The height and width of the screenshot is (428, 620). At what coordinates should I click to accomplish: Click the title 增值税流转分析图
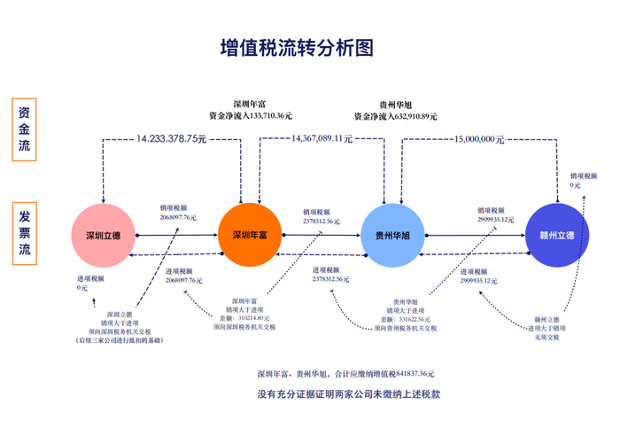[296, 46]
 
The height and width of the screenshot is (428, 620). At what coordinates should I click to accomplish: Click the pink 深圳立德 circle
[103, 235]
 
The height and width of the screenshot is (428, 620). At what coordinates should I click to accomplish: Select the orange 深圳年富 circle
[249, 235]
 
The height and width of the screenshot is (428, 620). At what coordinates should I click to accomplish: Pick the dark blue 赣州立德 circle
[556, 235]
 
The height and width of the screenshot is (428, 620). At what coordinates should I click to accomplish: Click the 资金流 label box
[25, 129]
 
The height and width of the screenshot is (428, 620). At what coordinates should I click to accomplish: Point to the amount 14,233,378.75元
[171, 139]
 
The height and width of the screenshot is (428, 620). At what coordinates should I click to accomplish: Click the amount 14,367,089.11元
[322, 139]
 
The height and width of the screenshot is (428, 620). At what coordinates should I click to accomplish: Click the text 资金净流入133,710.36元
[251, 115]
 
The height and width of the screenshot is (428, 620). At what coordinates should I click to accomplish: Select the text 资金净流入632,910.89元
[396, 115]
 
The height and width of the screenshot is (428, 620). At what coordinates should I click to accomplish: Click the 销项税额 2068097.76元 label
[178, 213]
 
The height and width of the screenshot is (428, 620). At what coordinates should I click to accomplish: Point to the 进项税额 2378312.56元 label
[330, 275]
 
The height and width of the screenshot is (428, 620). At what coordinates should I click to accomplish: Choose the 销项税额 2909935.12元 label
[495, 214]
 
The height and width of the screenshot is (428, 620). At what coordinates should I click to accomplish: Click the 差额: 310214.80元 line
[244, 318]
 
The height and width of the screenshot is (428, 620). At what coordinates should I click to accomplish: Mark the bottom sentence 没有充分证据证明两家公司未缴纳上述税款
[348, 393]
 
